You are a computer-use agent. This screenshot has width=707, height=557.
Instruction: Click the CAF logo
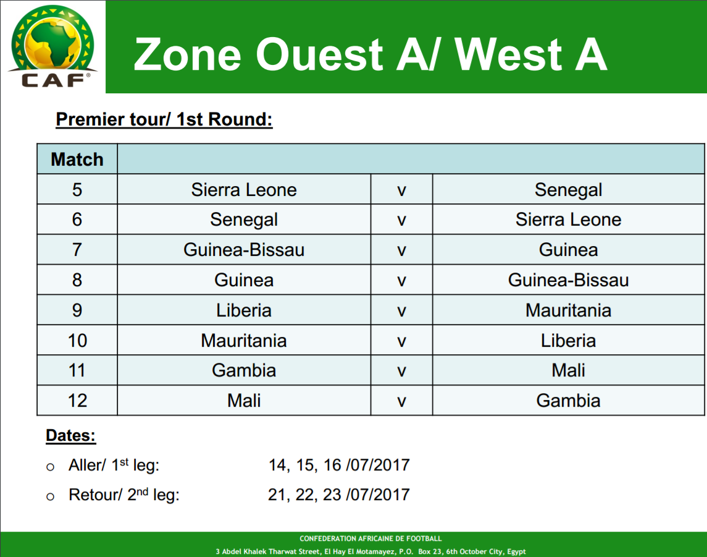[x=52, y=46]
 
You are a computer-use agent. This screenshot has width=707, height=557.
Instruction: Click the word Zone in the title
[x=188, y=54]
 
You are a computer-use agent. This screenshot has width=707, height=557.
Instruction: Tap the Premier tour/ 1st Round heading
[x=164, y=119]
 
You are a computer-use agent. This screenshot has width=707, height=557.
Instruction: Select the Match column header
[x=77, y=159]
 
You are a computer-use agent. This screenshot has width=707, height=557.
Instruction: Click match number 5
[x=77, y=190]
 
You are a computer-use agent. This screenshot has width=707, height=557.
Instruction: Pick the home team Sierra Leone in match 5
[x=244, y=190]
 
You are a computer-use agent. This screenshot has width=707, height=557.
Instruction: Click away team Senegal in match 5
[x=568, y=190]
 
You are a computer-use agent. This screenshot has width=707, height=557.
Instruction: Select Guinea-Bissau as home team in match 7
[x=244, y=250]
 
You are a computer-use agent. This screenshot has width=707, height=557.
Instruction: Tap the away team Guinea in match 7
[x=568, y=250]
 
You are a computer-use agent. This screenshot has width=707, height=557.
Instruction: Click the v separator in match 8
[x=401, y=281]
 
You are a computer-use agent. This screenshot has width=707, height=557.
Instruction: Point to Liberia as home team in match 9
[x=244, y=310]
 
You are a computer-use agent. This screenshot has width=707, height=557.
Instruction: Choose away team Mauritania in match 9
[x=568, y=310]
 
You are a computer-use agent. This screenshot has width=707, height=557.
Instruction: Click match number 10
[x=77, y=341]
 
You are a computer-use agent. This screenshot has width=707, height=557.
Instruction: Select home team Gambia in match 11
[x=244, y=370]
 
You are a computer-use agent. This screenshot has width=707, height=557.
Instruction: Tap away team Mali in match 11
[x=568, y=370]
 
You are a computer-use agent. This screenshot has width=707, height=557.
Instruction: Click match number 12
[x=77, y=401]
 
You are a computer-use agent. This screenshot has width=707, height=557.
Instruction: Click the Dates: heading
[x=71, y=436]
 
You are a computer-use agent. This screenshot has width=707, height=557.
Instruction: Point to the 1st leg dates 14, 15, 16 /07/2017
[x=339, y=465]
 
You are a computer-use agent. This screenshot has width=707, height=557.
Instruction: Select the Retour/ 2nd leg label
[x=124, y=495]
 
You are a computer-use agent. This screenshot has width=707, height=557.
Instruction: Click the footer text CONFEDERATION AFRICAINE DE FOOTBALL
[x=370, y=538]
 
